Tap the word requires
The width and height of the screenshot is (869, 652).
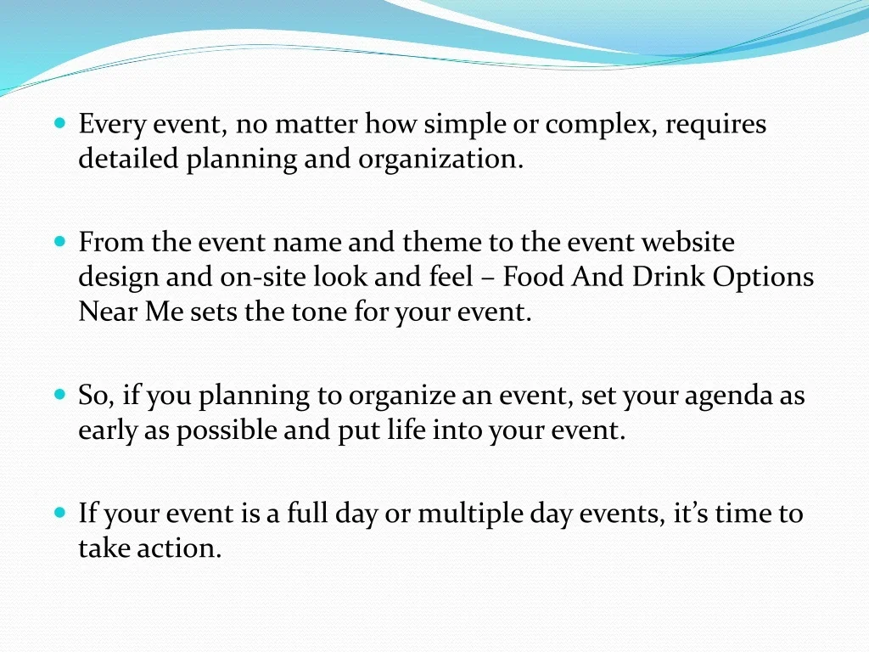click(x=715, y=125)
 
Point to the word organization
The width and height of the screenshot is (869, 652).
click(x=440, y=160)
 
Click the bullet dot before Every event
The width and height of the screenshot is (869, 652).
click(x=60, y=122)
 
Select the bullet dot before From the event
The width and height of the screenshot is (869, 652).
click(x=60, y=241)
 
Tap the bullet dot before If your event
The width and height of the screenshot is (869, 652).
click(x=60, y=512)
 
